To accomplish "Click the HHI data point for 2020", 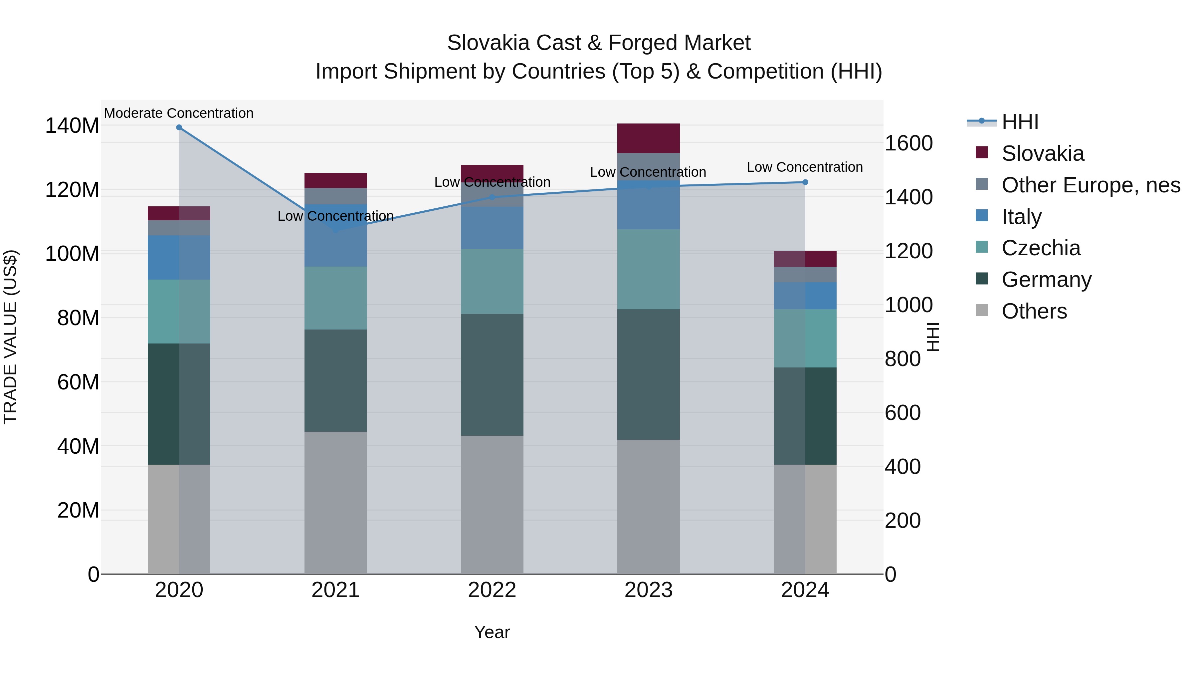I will (x=179, y=127).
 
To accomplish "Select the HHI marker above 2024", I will (x=805, y=182).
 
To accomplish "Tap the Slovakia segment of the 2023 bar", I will (x=648, y=138).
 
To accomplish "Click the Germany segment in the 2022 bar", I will (x=492, y=374).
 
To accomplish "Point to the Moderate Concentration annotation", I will (x=179, y=113).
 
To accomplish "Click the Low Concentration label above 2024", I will (x=805, y=167).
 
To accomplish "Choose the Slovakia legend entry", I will (x=1042, y=153).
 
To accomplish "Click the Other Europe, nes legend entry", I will (x=1090, y=185).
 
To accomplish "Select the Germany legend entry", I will (x=1046, y=280).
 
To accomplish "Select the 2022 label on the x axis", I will (x=492, y=590).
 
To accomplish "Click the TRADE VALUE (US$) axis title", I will (x=10, y=337).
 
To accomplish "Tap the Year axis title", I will (x=492, y=632).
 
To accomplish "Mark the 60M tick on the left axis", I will (x=78, y=382).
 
